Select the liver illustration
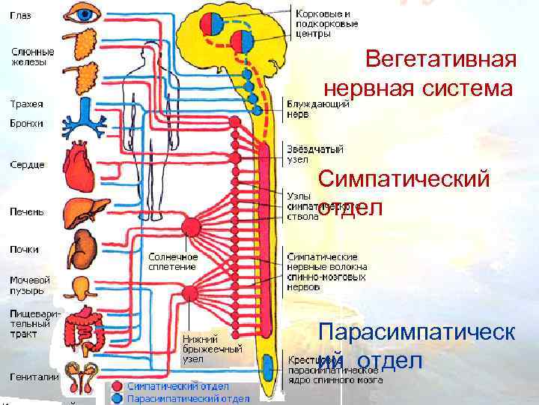[80, 211]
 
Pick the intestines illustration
[81, 330]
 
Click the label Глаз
[21, 16]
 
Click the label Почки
[25, 249]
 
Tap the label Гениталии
[34, 376]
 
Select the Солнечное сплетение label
[172, 261]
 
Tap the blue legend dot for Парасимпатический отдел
[118, 397]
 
